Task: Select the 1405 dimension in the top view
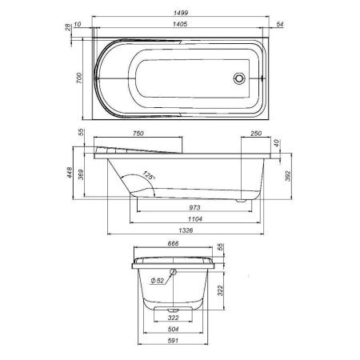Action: pyautogui.click(x=175, y=25)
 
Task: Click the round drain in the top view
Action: pyautogui.click(x=238, y=78)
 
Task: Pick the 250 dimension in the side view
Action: pyautogui.click(x=257, y=134)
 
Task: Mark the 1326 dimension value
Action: pyautogui.click(x=186, y=231)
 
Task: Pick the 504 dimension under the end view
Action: pyautogui.click(x=173, y=329)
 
